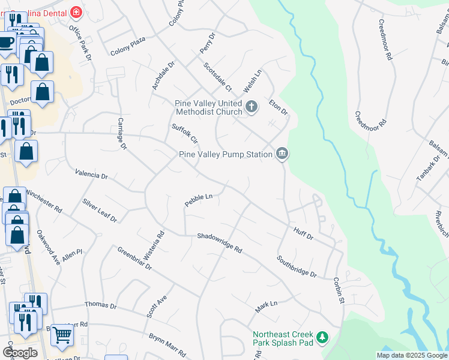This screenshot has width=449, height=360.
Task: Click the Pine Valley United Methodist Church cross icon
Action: pos(252,107)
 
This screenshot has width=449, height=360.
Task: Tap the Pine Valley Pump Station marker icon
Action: pos(282,154)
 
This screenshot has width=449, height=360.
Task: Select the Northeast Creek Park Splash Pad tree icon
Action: pos(322,338)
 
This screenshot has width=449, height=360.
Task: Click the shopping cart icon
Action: pos(62,335)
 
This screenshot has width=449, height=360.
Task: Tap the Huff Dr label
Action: pos(304,233)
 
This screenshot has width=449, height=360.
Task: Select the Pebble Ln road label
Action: pos(199,200)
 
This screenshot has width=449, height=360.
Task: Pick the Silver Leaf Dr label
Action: pos(100,211)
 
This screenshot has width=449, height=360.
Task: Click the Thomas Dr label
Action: pos(101,306)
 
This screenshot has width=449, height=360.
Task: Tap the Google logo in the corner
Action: pos(20,352)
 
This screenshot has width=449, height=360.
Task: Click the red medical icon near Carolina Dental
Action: pos(76,12)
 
